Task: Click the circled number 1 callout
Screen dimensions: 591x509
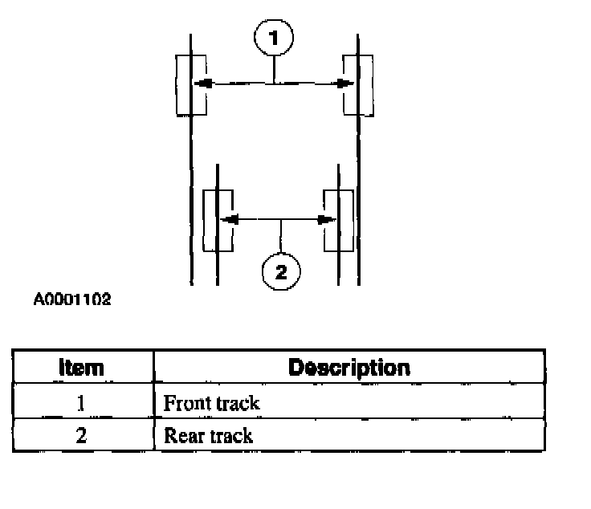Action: (274, 37)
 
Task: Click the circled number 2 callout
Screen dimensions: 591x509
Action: (280, 271)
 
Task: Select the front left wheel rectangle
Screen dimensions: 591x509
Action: (191, 84)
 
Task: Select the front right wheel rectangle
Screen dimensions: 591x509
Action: (358, 84)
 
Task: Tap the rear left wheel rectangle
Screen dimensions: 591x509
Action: (218, 219)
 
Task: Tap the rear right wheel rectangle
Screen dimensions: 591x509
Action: (338, 219)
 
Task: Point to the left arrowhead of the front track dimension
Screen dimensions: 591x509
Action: (204, 83)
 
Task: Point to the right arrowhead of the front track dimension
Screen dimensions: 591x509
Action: (344, 83)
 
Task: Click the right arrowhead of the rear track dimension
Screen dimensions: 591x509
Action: (325, 218)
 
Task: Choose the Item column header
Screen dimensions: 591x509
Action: (82, 369)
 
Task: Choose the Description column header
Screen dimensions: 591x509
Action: (348, 369)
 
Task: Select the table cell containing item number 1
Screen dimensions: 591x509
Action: (81, 402)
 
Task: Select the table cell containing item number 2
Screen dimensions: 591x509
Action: (81, 435)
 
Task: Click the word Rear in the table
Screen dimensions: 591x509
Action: (181, 436)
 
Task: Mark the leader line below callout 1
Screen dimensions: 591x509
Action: (274, 68)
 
